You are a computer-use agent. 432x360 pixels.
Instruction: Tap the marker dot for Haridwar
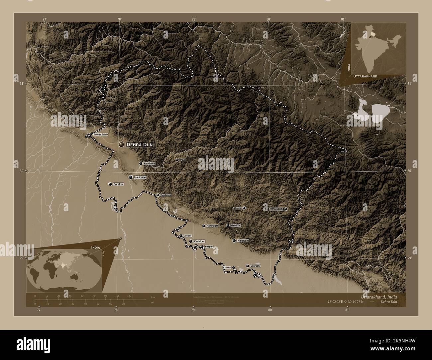click(x=131, y=177)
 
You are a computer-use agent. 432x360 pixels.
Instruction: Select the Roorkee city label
click(x=118, y=184)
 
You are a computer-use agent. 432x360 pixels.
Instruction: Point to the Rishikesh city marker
click(x=141, y=163)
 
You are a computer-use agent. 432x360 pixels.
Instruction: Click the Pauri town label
click(x=183, y=160)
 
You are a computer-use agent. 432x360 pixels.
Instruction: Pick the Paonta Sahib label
click(x=101, y=135)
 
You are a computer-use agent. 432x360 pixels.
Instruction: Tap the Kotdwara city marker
click(x=158, y=195)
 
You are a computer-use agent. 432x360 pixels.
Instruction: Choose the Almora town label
click(x=237, y=208)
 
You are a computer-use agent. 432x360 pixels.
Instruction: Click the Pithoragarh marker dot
click(x=285, y=209)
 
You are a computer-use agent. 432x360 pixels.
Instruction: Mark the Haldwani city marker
click(x=234, y=240)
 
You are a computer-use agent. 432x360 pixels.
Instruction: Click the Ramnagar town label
click(x=212, y=226)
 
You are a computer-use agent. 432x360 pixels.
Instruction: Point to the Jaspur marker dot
click(x=180, y=236)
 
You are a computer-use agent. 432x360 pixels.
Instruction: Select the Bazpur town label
click(x=208, y=247)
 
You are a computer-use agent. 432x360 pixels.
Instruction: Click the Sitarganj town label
click(x=256, y=266)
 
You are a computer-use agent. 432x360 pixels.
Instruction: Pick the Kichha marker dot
click(x=234, y=267)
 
